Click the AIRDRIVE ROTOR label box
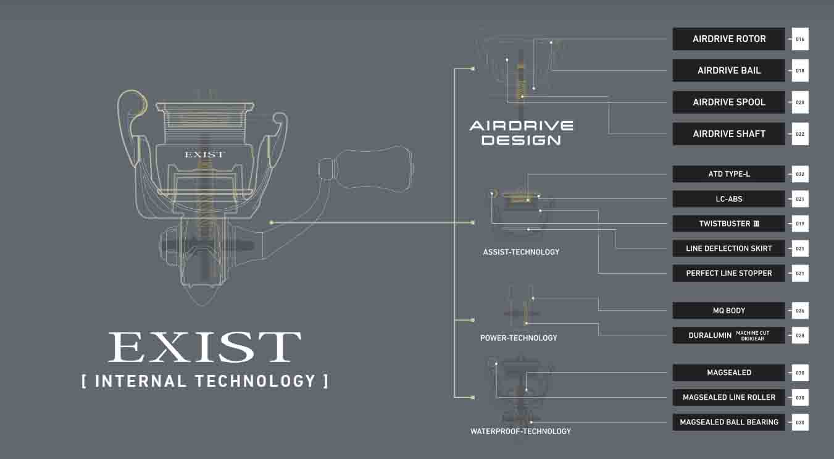728,39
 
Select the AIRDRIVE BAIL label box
728,70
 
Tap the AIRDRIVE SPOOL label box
728,102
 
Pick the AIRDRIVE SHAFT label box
728,134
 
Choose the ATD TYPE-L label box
728,174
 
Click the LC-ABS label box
728,199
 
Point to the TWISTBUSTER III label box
728,224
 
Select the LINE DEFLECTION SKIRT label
728,248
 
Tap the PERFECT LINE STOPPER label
728,273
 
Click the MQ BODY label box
728,310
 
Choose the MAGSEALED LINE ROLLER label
728,397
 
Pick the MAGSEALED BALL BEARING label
728,422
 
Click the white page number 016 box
800,39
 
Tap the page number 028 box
800,335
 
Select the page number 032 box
800,174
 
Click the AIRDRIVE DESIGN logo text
521,133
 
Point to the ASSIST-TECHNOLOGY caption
521,252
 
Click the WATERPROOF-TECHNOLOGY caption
520,431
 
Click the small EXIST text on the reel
204,154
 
